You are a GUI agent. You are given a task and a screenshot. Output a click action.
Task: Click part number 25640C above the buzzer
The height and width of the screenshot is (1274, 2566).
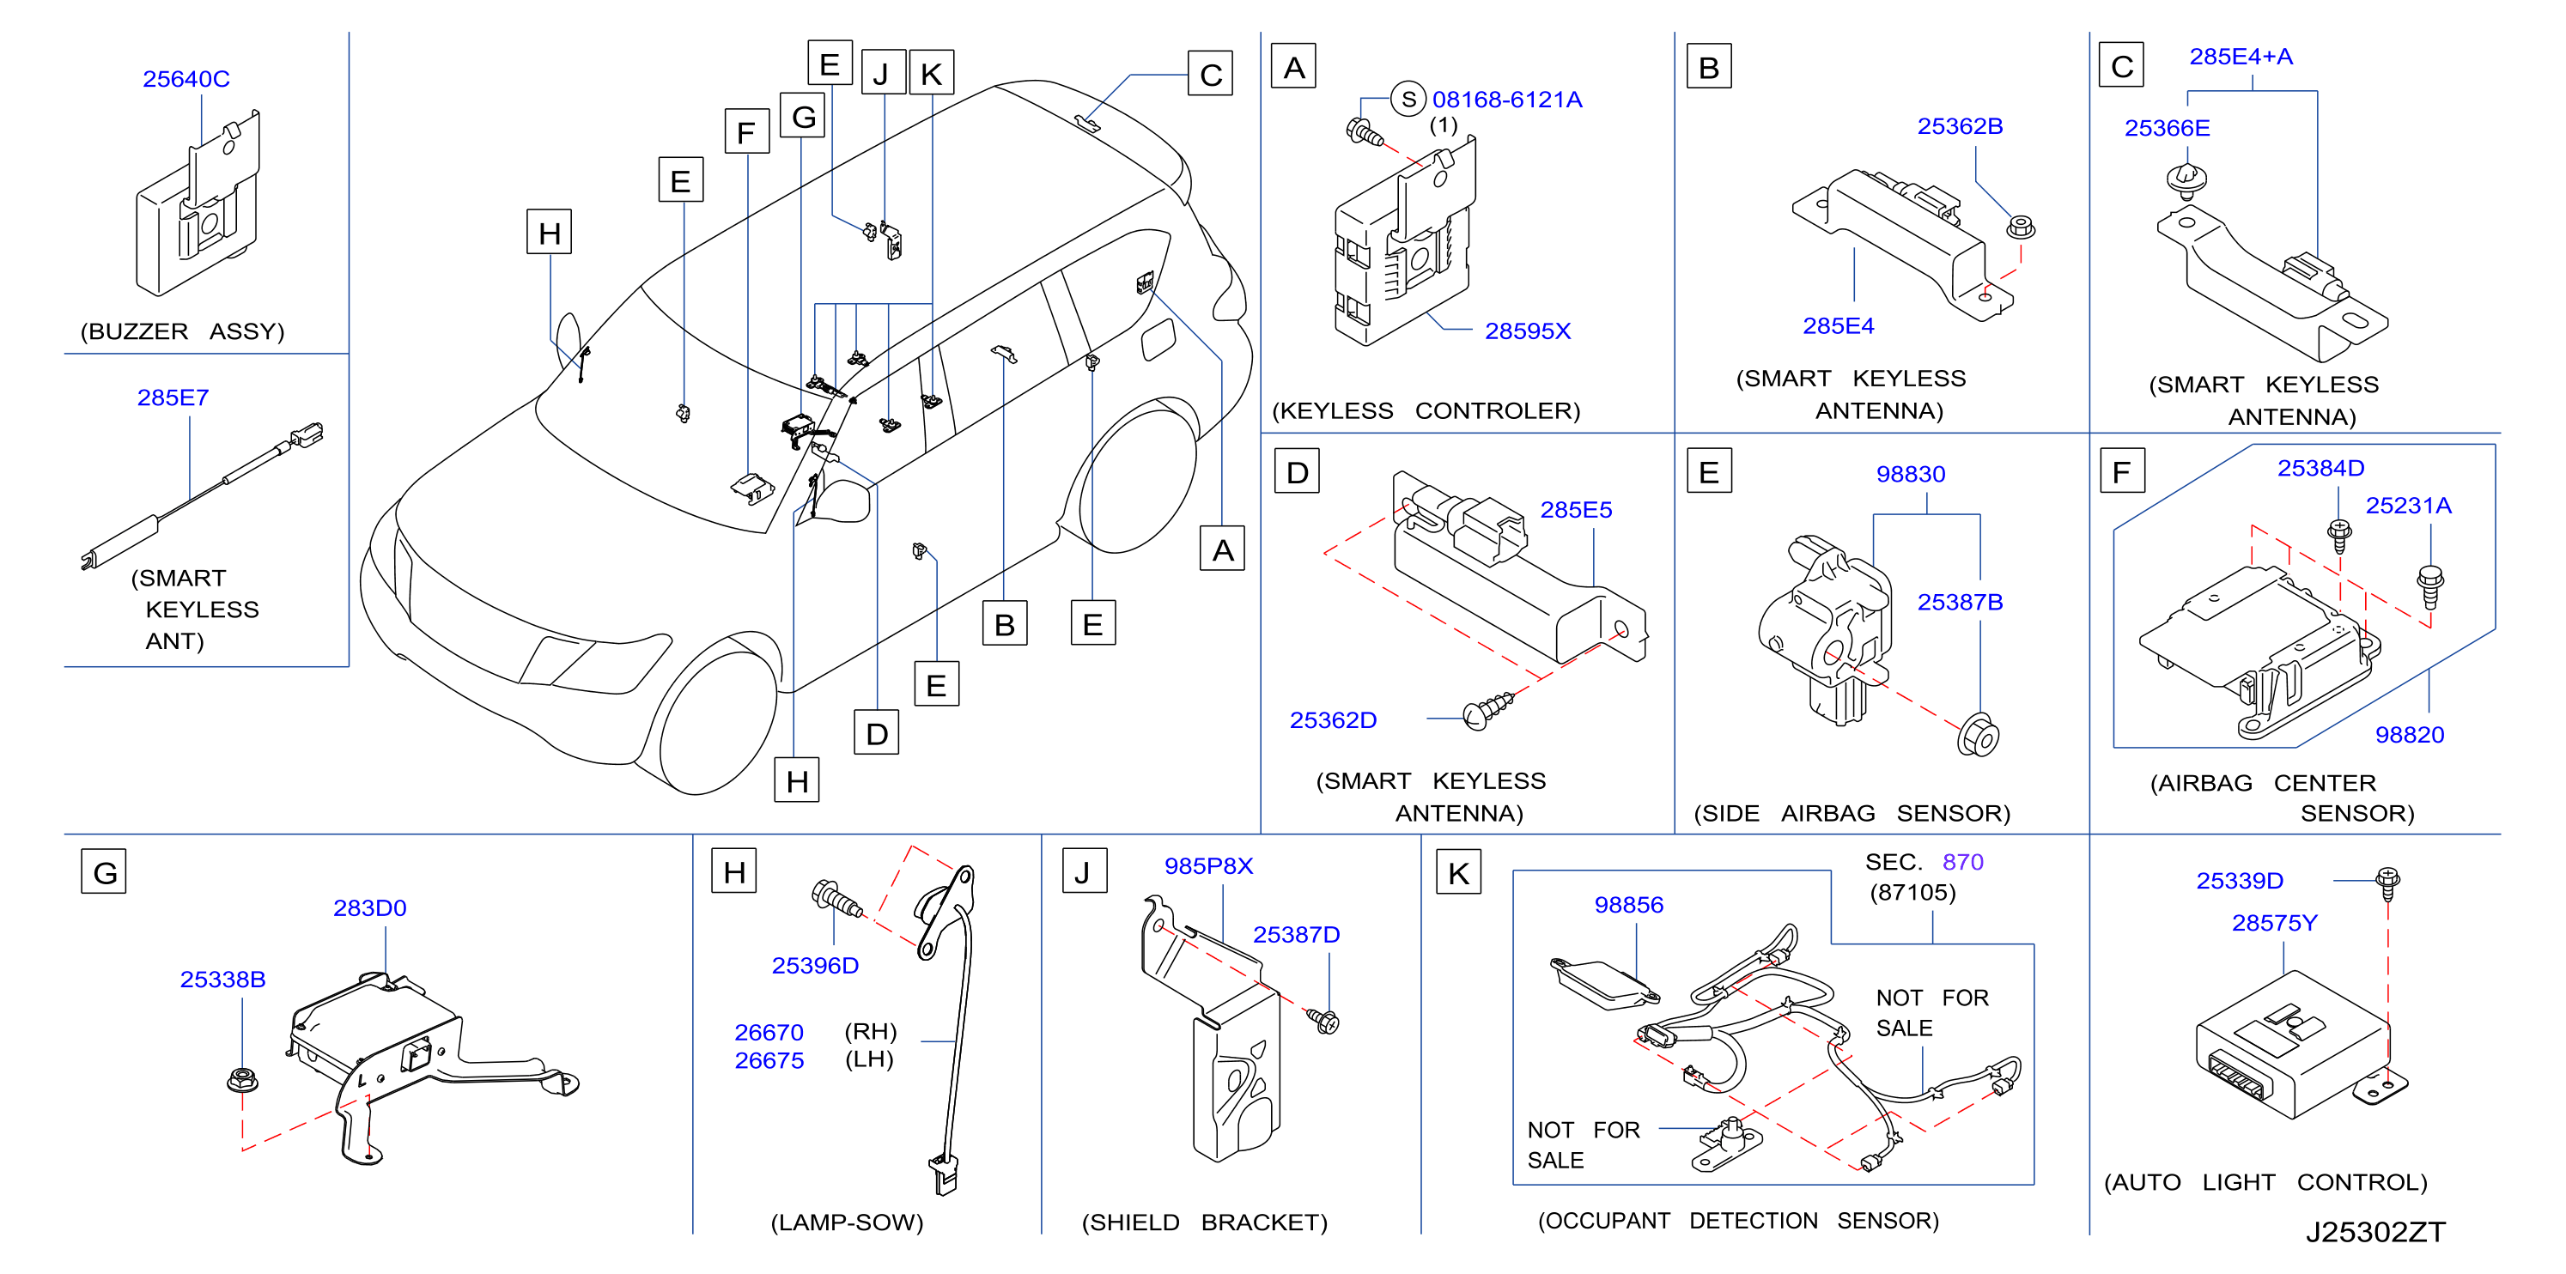click(x=186, y=79)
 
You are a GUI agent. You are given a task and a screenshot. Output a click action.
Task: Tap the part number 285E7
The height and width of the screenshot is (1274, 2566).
click(x=173, y=397)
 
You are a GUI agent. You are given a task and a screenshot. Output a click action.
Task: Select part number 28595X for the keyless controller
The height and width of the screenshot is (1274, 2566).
click(x=1527, y=331)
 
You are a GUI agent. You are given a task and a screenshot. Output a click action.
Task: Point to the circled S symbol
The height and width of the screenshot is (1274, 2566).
click(x=1408, y=99)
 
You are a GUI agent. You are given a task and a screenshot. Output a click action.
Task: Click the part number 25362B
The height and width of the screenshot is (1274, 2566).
click(x=1960, y=126)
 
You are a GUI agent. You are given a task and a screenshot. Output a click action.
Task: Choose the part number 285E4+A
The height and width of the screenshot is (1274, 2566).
click(x=2241, y=57)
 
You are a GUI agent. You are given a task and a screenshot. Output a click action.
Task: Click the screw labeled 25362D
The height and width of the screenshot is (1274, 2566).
click(x=1488, y=710)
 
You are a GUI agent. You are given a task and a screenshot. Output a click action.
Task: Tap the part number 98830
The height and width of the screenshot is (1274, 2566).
click(x=1911, y=474)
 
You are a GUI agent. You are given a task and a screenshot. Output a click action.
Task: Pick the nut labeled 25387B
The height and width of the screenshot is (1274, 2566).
click(x=1979, y=736)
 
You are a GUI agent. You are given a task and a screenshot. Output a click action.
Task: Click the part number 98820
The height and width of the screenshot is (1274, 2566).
click(x=2410, y=734)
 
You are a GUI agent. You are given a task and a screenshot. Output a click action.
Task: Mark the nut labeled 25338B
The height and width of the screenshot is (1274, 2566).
click(x=242, y=1079)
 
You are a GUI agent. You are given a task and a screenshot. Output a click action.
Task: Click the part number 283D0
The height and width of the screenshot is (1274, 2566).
click(x=369, y=907)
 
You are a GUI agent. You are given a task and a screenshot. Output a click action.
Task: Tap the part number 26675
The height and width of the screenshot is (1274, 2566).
click(x=769, y=1061)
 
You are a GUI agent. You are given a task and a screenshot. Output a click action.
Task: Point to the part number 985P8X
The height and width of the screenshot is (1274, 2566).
click(x=1208, y=865)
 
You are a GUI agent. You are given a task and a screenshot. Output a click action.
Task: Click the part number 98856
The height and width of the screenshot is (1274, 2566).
click(x=1628, y=905)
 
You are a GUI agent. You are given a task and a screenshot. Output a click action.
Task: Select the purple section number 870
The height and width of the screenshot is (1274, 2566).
click(x=1962, y=862)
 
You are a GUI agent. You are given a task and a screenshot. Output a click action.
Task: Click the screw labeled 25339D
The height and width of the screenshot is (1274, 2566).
click(x=2387, y=883)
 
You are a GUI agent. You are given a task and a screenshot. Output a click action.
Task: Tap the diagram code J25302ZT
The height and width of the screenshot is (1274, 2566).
click(x=2374, y=1232)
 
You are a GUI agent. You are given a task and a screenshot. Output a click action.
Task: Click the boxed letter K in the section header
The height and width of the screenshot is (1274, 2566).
click(x=1458, y=872)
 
